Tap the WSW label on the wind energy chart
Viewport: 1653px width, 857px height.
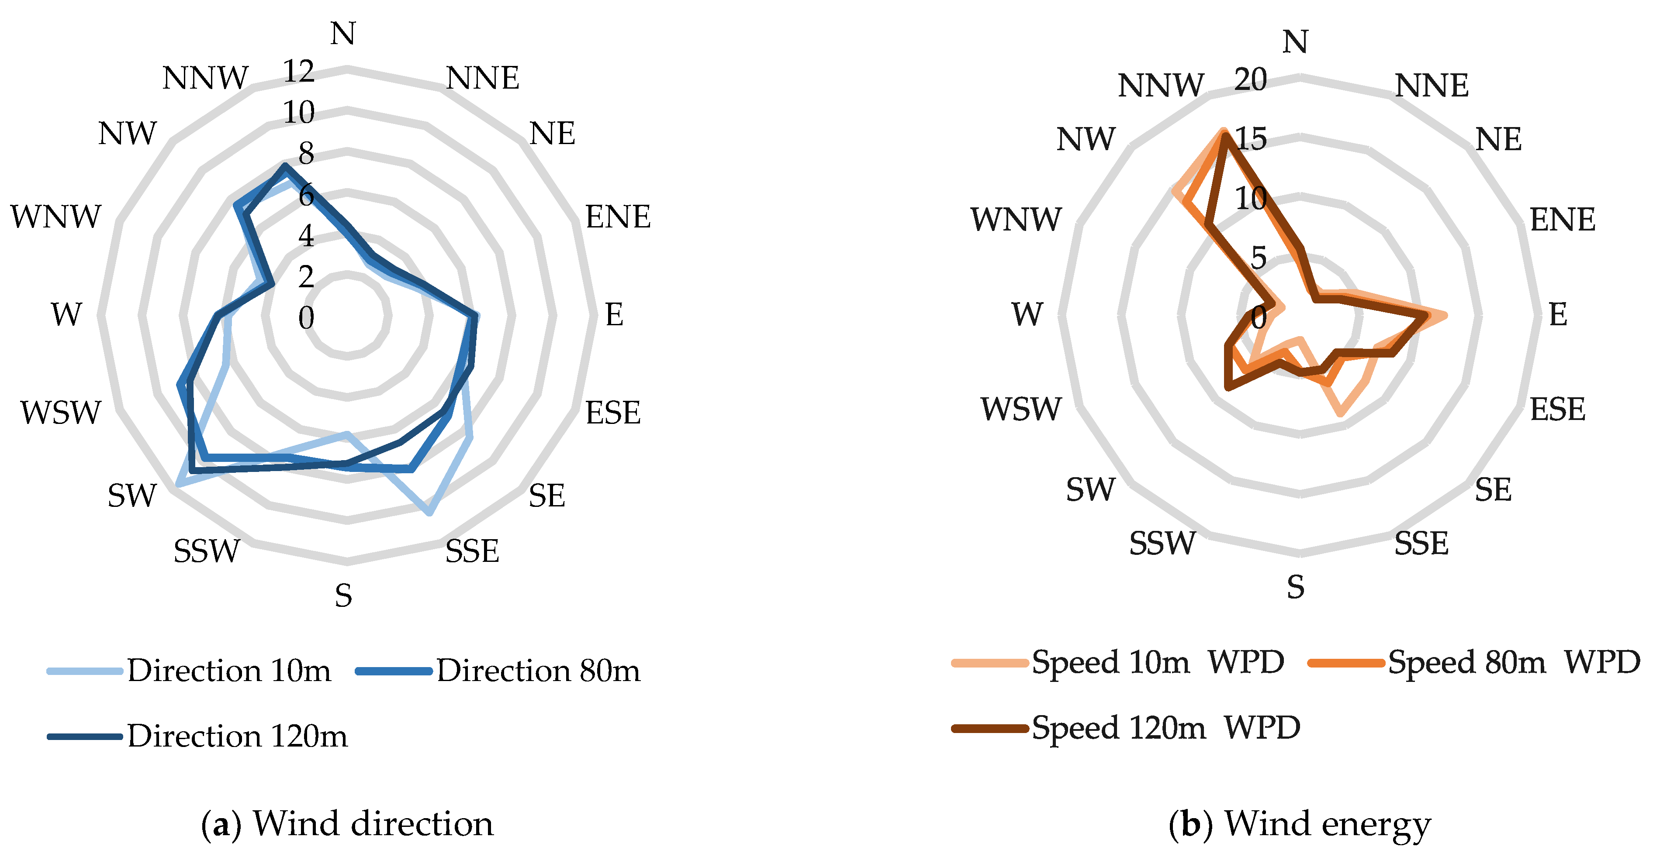click(x=1020, y=409)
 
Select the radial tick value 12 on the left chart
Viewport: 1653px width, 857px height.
click(x=299, y=71)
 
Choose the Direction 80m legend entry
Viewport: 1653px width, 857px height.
click(x=498, y=670)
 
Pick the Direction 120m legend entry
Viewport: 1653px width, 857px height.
click(x=197, y=736)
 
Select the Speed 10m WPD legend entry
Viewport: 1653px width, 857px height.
click(x=1118, y=661)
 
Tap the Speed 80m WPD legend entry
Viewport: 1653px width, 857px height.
click(x=1475, y=661)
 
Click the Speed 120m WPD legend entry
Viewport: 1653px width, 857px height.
click(x=1126, y=727)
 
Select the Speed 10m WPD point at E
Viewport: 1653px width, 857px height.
click(x=1445, y=315)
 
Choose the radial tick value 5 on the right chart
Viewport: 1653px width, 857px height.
click(x=1259, y=258)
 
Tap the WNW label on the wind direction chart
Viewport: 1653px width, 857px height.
click(x=56, y=217)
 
